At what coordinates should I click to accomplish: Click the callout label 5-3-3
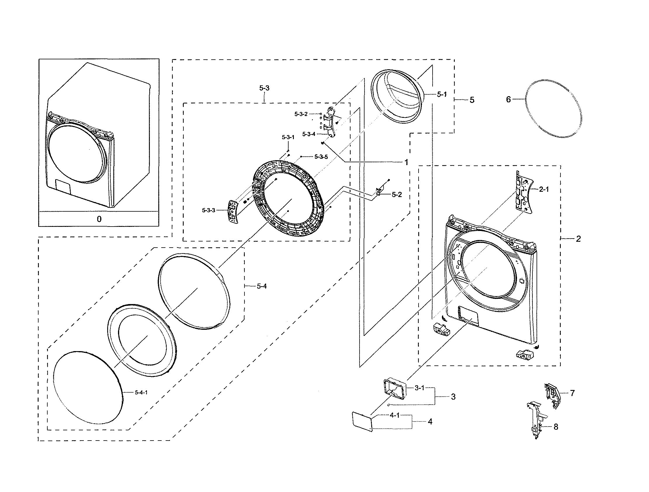209,210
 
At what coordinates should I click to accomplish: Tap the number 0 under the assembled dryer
99,219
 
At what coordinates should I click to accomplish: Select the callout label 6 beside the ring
509,100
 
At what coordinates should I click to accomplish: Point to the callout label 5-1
442,94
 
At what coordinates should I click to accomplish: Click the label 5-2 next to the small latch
397,195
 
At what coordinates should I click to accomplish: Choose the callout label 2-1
544,189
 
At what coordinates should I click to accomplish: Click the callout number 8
556,427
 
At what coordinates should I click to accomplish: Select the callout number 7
572,393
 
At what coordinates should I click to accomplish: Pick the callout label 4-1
395,415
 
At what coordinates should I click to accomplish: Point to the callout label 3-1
419,388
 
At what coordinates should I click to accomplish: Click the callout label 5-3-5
321,157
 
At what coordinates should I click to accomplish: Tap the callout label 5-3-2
301,114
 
